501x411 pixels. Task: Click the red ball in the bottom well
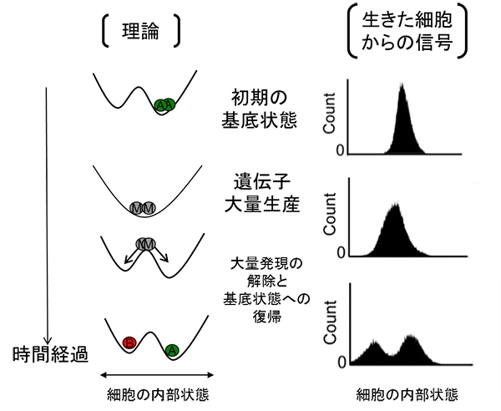coord(130,342)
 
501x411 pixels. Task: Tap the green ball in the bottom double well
coord(170,349)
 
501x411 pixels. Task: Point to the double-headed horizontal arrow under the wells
coord(157,375)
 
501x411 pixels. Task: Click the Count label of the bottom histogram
coord(331,324)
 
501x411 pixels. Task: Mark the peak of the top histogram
coord(402,84)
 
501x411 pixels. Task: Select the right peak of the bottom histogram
coord(412,337)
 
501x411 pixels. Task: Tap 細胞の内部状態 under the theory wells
coord(157,393)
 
